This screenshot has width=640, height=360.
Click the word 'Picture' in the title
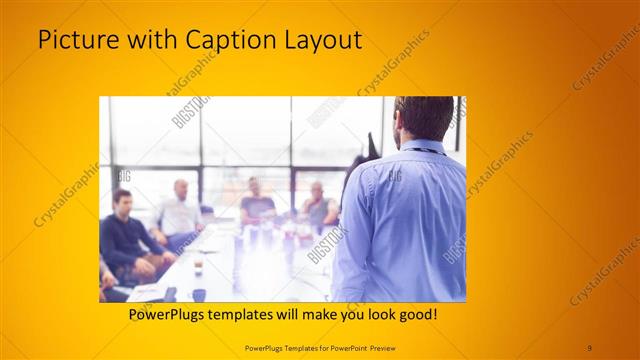pos(74,41)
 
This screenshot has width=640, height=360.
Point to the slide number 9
pos(590,347)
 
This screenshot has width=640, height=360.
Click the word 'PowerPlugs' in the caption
pos(172,314)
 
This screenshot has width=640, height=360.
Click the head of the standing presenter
pos(418,118)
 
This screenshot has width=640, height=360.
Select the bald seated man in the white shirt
pos(180,210)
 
